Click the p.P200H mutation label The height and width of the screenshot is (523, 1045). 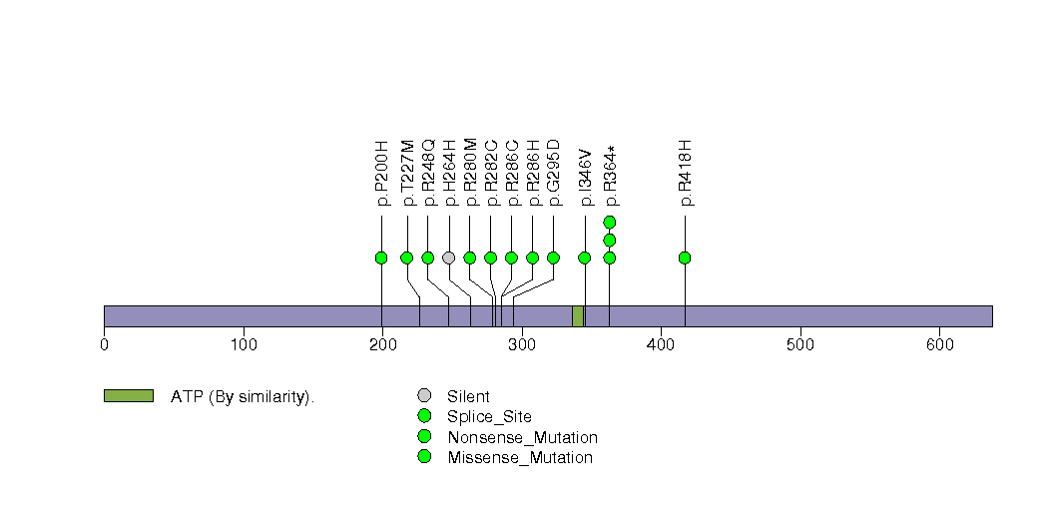(x=381, y=174)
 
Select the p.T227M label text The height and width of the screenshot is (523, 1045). (x=407, y=174)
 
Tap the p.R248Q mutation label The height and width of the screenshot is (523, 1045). (x=428, y=173)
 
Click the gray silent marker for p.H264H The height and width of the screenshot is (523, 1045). (x=449, y=258)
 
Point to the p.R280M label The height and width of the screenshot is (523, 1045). (x=470, y=173)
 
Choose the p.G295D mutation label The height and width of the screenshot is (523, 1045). (x=554, y=173)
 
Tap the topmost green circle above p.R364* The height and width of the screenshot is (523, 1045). (x=610, y=222)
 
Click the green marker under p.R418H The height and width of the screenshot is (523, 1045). (x=685, y=258)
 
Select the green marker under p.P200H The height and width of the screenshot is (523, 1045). (x=381, y=258)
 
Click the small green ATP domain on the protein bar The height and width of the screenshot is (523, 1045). (x=578, y=315)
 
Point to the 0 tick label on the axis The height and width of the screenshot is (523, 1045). (x=104, y=344)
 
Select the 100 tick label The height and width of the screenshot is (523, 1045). (x=244, y=344)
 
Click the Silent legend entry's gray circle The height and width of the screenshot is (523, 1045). (x=424, y=396)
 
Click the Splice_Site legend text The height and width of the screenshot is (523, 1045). (x=489, y=417)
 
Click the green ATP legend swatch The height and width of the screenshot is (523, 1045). (x=129, y=396)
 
